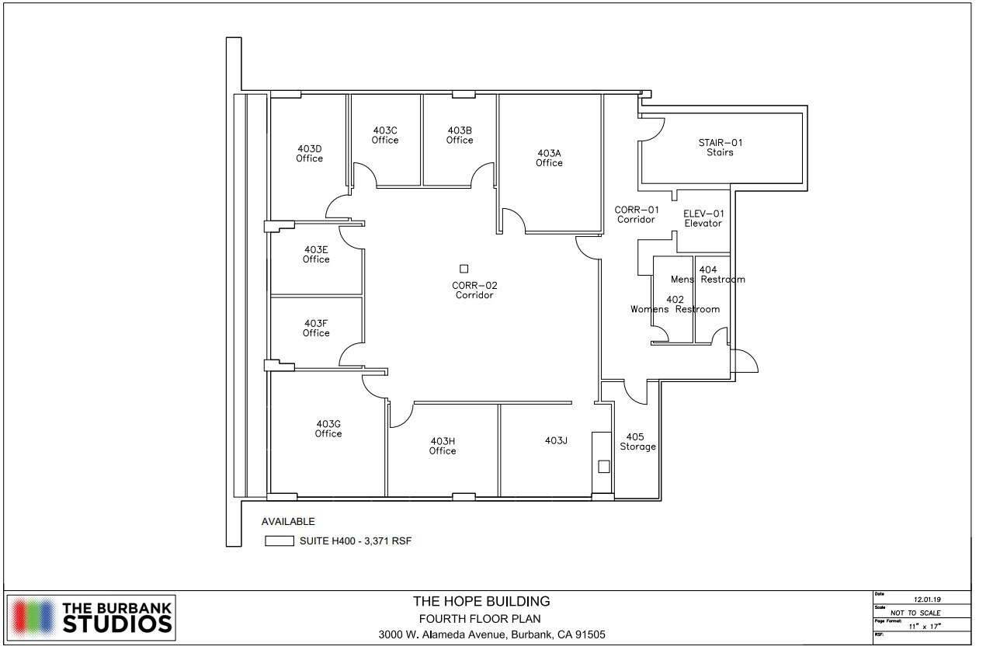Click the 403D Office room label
click(x=309, y=153)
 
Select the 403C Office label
click(x=385, y=135)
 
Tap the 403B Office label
click(x=460, y=135)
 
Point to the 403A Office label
click(x=549, y=158)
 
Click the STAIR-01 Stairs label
click(x=715, y=148)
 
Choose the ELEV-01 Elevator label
click(x=703, y=218)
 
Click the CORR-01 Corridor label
click(x=637, y=214)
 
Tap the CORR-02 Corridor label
click(x=474, y=290)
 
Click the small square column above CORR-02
click(x=464, y=269)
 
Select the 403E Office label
click(x=316, y=254)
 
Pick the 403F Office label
click(x=316, y=328)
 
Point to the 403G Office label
click(x=328, y=429)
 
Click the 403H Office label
click(x=443, y=446)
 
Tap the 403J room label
click(x=556, y=441)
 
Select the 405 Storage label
click(x=637, y=442)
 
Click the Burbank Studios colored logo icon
click(x=32, y=617)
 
